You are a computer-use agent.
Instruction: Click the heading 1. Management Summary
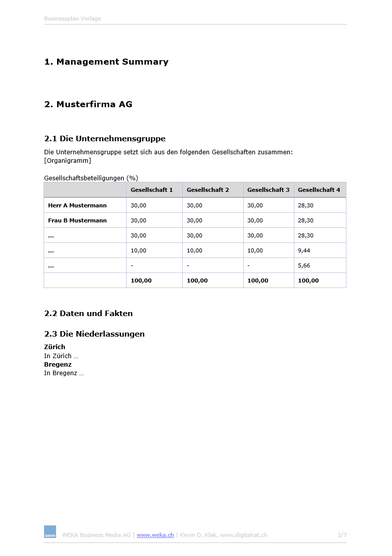(106, 62)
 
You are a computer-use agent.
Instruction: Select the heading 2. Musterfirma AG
(88, 105)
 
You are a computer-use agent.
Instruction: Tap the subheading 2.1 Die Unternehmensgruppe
(105, 139)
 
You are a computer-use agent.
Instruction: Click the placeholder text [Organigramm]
(68, 161)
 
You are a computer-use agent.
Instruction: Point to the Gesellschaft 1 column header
(152, 190)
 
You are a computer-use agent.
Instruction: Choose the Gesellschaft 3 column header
(268, 190)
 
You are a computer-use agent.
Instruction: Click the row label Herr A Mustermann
(77, 205)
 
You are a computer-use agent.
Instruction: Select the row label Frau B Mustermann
(77, 220)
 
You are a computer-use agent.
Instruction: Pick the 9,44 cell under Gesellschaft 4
(304, 250)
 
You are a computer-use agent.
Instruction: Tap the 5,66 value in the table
(304, 265)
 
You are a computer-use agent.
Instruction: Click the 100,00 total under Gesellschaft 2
(197, 281)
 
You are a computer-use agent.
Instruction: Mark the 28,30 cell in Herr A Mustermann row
(305, 205)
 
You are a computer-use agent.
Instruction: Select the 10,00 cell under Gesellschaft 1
(139, 250)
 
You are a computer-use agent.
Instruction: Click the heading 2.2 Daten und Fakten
(89, 314)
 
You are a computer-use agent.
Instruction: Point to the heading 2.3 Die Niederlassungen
(94, 334)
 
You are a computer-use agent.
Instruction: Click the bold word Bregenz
(58, 365)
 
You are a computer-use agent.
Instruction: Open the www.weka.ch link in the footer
(155, 535)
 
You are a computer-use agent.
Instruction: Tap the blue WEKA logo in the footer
(50, 532)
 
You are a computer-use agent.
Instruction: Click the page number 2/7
(342, 535)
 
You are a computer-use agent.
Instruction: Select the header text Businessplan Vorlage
(73, 19)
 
